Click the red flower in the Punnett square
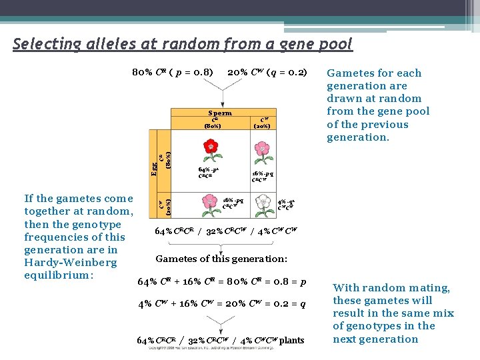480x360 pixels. (211, 150)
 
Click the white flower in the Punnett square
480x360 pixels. (265, 201)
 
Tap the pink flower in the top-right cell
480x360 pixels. (263, 151)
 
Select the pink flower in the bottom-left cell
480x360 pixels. (211, 201)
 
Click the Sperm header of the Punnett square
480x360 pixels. (220, 113)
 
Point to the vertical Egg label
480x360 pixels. (155, 164)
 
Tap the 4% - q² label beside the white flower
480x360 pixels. (286, 201)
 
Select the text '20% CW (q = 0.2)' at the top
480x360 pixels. (267, 72)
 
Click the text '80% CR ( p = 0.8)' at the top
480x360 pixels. (173, 72)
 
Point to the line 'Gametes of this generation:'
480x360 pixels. (221, 259)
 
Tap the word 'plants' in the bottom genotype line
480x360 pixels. (291, 341)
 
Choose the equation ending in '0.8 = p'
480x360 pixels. (221, 282)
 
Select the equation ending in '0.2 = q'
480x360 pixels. (221, 304)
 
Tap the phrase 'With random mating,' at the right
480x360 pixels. (391, 288)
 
